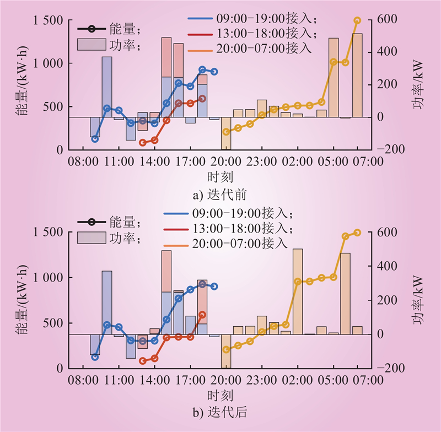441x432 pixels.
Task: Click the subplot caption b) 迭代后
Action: (x=220, y=412)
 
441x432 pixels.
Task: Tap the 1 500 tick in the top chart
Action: (x=48, y=21)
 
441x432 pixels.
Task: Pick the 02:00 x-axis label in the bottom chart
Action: (x=297, y=380)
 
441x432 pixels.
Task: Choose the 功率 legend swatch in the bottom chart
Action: (x=90, y=239)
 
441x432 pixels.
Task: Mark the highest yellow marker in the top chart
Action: (x=357, y=20)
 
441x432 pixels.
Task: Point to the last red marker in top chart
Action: (x=202, y=99)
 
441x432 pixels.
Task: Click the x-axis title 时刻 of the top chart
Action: (x=220, y=177)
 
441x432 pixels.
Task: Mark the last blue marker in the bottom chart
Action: (x=214, y=287)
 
